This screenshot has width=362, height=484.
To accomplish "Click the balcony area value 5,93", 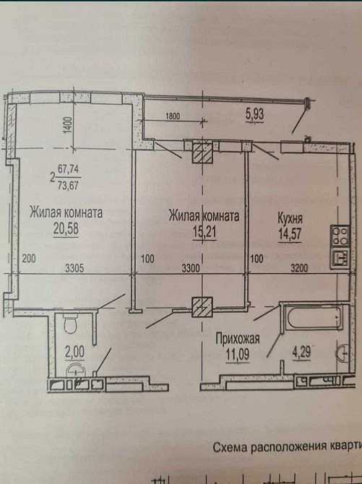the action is pyautogui.click(x=255, y=114).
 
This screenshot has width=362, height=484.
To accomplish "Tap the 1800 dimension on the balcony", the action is pyautogui.click(x=173, y=116).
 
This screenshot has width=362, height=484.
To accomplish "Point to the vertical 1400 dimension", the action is pyautogui.click(x=68, y=125).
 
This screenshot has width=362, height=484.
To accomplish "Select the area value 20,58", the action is pyautogui.click(x=66, y=229).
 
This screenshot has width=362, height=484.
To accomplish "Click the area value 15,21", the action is pyautogui.click(x=204, y=231).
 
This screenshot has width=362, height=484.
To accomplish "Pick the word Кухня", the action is pyautogui.click(x=290, y=218).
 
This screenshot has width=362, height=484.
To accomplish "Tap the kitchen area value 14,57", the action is pyautogui.click(x=290, y=233).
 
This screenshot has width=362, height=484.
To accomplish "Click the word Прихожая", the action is pyautogui.click(x=238, y=339).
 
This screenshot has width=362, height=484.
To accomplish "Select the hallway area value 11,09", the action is pyautogui.click(x=237, y=355).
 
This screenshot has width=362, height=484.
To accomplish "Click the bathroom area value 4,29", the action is pyautogui.click(x=301, y=353).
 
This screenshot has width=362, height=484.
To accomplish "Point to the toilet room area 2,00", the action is pyautogui.click(x=74, y=352).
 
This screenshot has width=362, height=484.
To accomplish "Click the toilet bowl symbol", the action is pyautogui.click(x=70, y=324).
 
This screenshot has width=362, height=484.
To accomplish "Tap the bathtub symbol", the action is pyautogui.click(x=314, y=319).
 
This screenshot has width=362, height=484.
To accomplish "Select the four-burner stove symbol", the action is pyautogui.click(x=340, y=236).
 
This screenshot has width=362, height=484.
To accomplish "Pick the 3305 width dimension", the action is pyautogui.click(x=74, y=268).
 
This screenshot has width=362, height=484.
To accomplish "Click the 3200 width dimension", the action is pyautogui.click(x=299, y=268).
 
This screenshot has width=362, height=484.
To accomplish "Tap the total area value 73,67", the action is pyautogui.click(x=68, y=186).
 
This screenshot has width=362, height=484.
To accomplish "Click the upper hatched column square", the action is pyautogui.click(x=203, y=152).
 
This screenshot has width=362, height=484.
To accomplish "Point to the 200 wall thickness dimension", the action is pyautogui.click(x=29, y=259).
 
